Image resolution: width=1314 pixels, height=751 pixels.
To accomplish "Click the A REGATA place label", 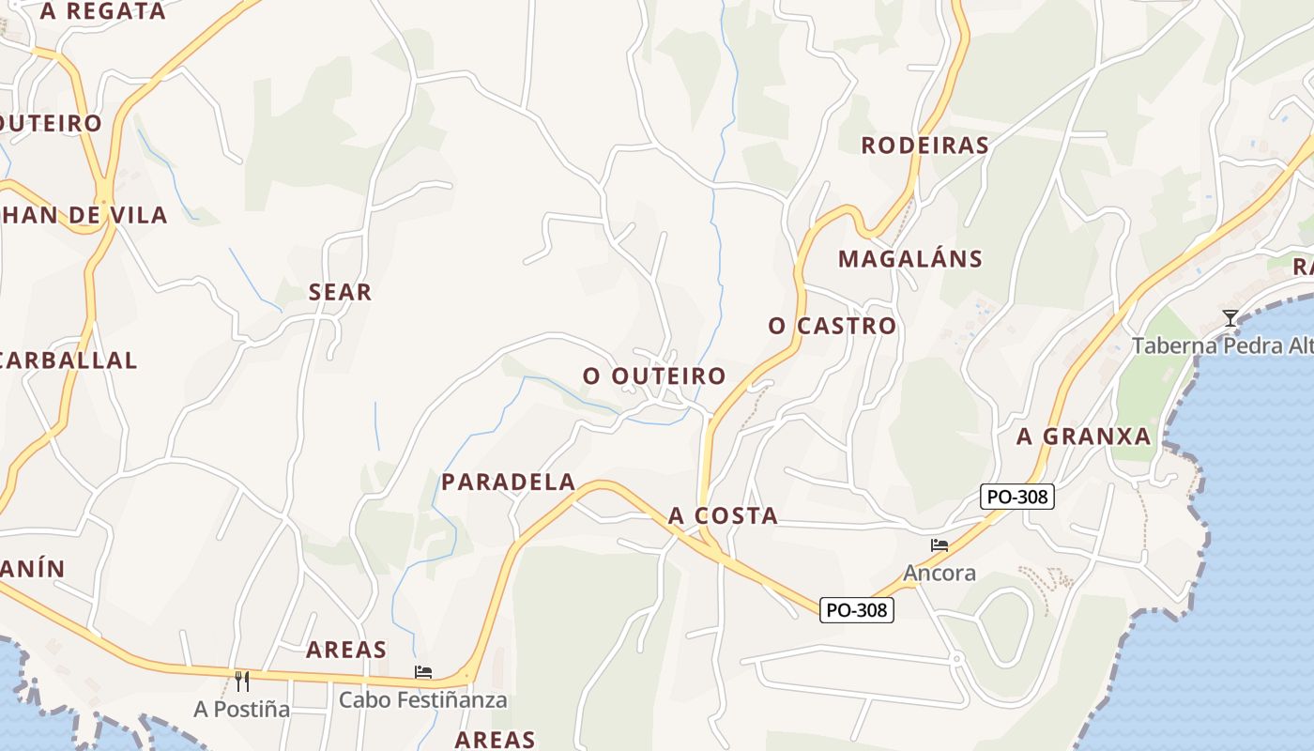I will (x=103, y=11).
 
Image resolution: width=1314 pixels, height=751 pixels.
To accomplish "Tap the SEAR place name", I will (x=340, y=292).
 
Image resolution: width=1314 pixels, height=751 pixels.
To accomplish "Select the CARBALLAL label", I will (x=69, y=360).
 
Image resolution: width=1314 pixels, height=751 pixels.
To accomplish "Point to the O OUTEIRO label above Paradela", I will (x=654, y=375).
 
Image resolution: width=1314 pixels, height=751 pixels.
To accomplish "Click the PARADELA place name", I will (x=508, y=482).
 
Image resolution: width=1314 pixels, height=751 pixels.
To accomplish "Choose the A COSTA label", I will (x=723, y=515).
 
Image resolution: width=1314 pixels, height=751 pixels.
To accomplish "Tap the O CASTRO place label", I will (x=832, y=326).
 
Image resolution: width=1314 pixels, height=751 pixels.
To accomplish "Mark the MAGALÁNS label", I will (x=909, y=258).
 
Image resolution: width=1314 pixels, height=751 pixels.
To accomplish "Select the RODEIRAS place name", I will (x=924, y=145).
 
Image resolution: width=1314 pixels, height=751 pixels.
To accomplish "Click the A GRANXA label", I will (x=1083, y=436).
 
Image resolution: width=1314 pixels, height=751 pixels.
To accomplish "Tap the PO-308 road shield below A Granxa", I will (x=1017, y=497).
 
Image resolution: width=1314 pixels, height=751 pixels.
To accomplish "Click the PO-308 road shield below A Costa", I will (x=857, y=610).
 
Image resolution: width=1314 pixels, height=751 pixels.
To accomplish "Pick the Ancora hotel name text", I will (x=940, y=573).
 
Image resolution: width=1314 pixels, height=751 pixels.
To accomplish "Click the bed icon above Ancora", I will (x=939, y=545).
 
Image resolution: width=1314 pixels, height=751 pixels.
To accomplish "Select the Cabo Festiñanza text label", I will (x=422, y=699).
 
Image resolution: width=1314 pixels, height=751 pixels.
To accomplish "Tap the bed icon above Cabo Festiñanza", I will (x=423, y=672).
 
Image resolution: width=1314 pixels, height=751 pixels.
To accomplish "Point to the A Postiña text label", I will (x=242, y=709).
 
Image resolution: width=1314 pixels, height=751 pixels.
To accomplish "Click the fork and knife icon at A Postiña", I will (x=242, y=681).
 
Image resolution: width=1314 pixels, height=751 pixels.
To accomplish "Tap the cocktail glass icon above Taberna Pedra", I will (x=1230, y=318).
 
